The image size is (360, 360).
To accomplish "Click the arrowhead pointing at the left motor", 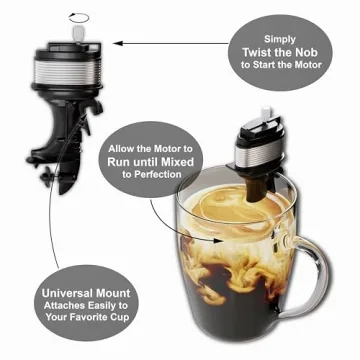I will click(x=113, y=43).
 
